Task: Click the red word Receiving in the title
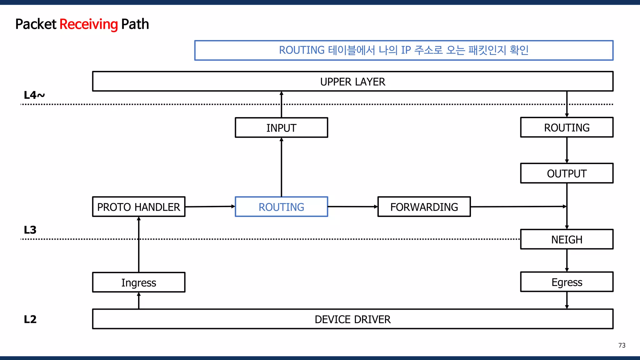pos(88,24)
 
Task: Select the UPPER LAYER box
pos(352,82)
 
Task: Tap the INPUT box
pos(281,127)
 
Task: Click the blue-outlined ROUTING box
pos(281,207)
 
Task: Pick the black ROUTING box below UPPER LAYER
pos(567,127)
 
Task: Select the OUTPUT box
pos(567,173)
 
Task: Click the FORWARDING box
pos(424,207)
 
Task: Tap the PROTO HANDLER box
pos(138,207)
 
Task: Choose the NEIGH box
pos(567,239)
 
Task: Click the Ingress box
pos(138,282)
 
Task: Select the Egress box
pos(567,282)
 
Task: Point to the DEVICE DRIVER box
pos(352,319)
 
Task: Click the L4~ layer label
pos(34,95)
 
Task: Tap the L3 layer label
pos(30,230)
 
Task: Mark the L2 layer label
pos(30,319)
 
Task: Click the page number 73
pos(622,345)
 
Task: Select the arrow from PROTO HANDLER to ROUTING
pos(210,207)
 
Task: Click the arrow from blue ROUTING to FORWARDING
pos(352,207)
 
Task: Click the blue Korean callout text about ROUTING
pos(403,50)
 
